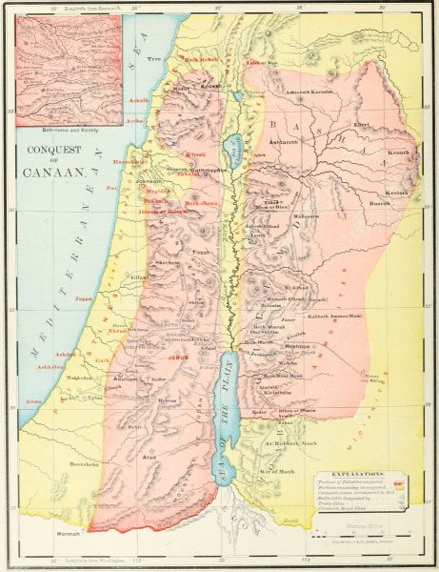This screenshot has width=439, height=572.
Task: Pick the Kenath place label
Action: click(399, 152)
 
